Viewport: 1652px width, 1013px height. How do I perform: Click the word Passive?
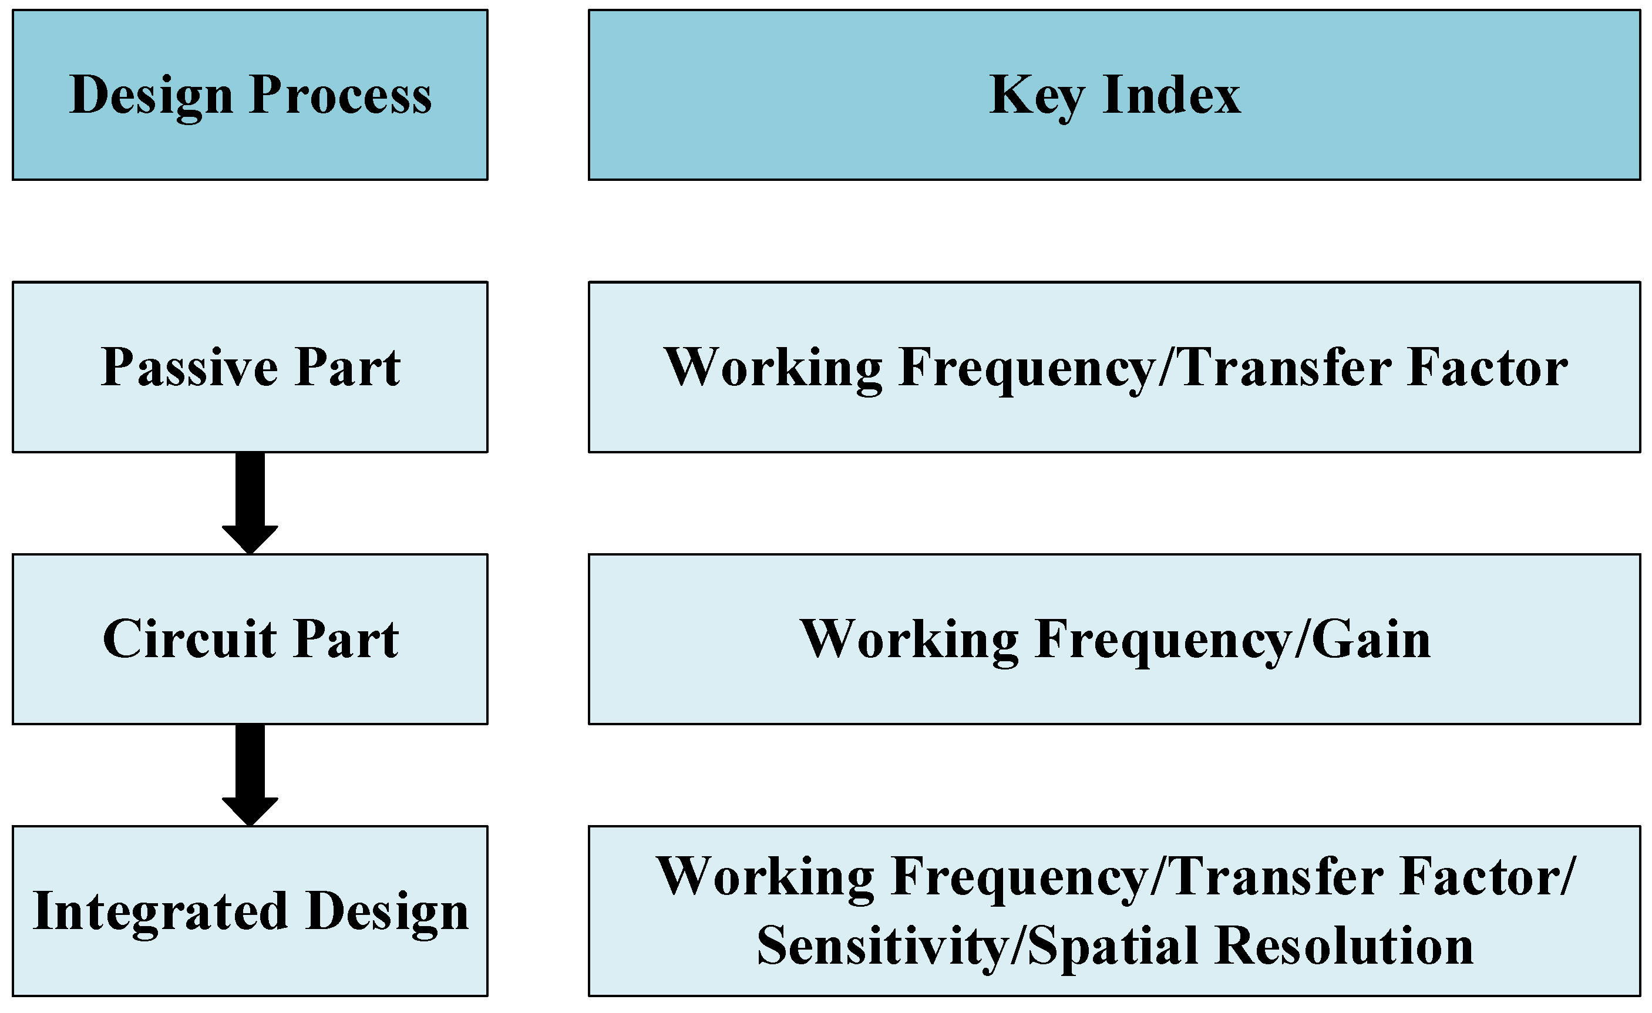tap(189, 368)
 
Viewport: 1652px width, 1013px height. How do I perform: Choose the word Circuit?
tap(190, 639)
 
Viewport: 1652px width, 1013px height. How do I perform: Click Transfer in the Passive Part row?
tap(1286, 368)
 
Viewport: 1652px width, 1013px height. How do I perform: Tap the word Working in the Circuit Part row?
tap(910, 639)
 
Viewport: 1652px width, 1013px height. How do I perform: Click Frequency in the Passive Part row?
tap(1027, 368)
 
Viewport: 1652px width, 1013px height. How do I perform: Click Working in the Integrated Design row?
tap(765, 877)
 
